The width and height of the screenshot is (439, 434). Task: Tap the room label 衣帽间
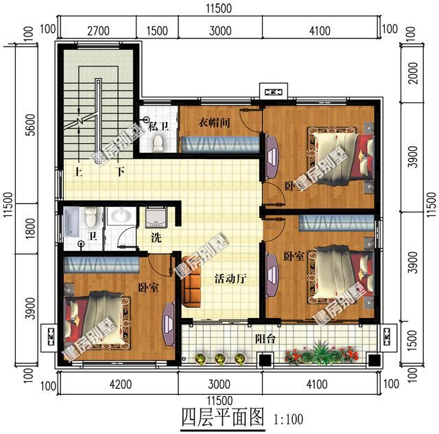coord(213,123)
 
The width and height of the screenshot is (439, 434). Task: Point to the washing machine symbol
coord(156,218)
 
